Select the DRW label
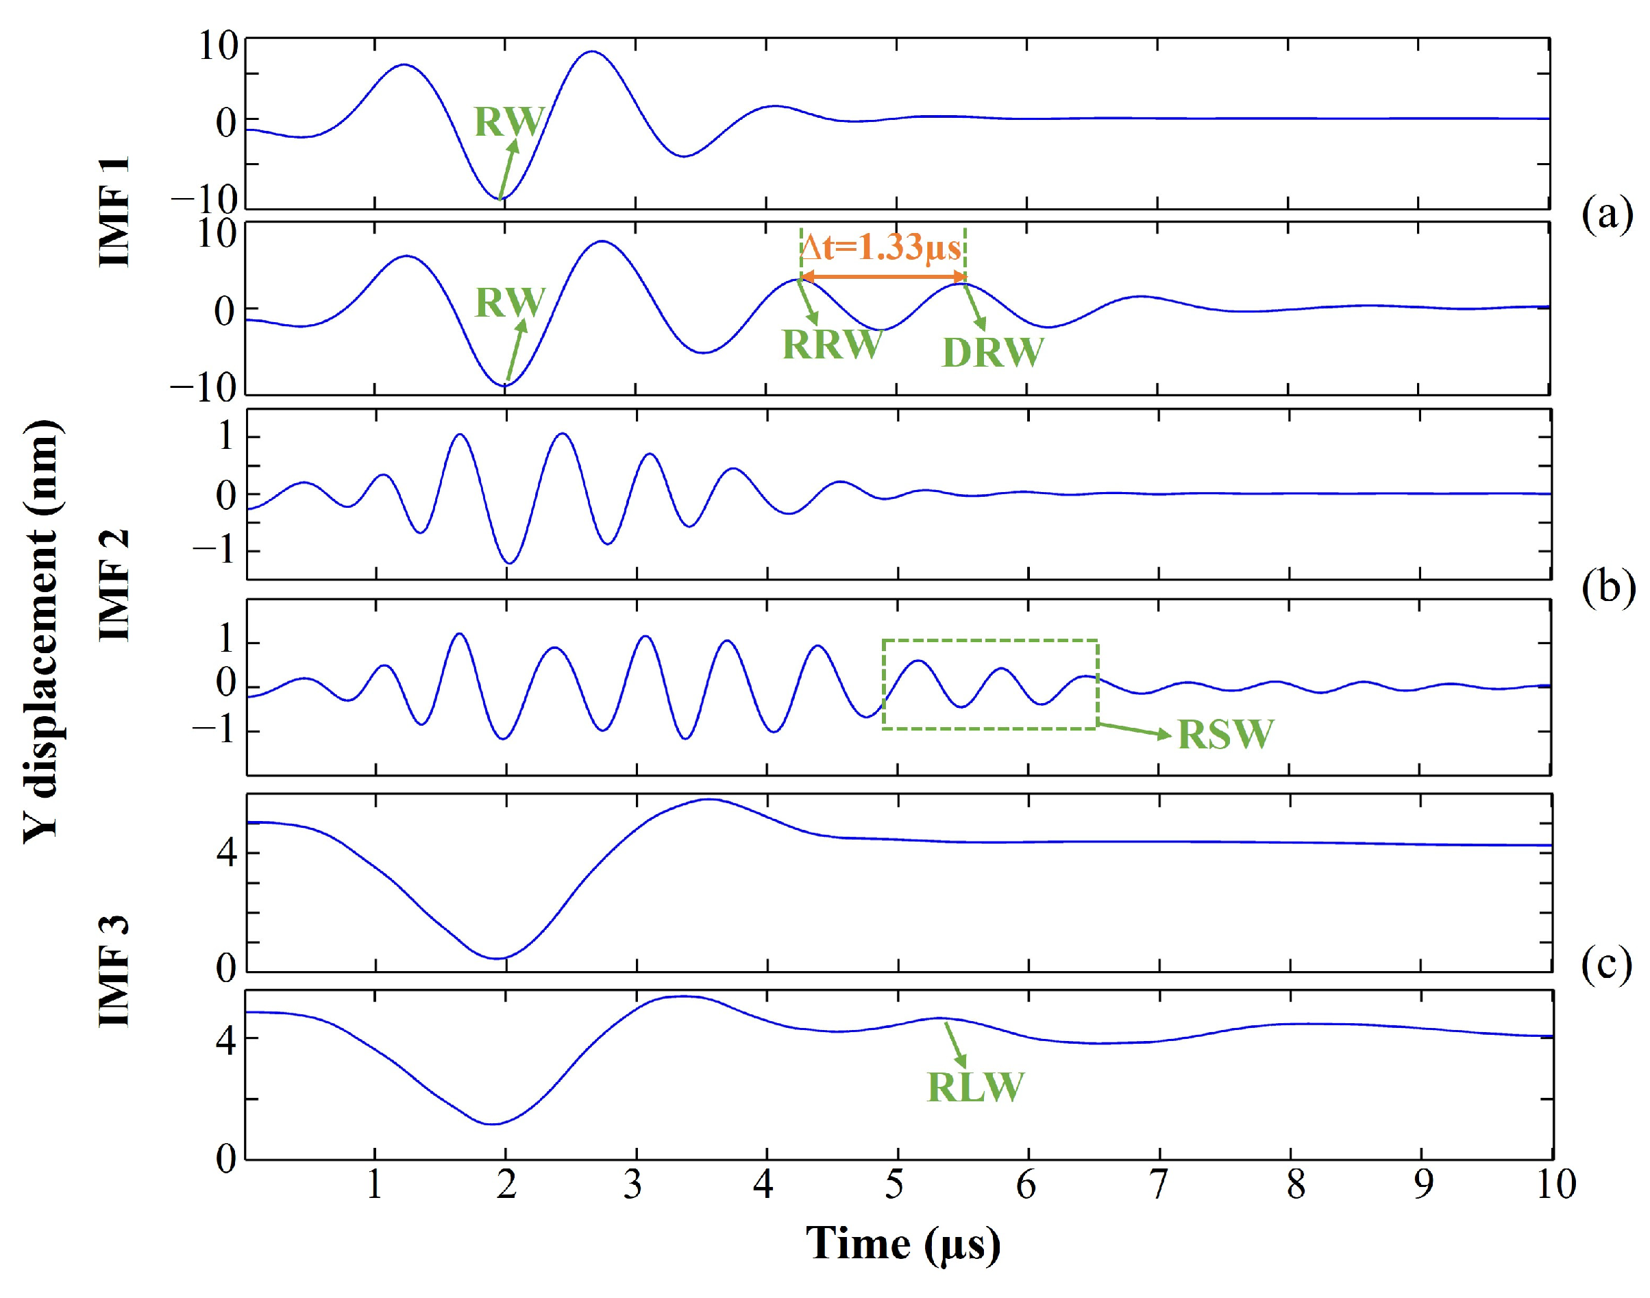[x=992, y=353]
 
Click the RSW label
[x=1225, y=734]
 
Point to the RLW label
[x=976, y=1087]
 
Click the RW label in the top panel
[x=509, y=121]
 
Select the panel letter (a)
[x=1607, y=215]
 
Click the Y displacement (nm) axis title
[x=42, y=630]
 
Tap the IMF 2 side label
[x=116, y=585]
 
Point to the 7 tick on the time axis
[x=1158, y=1185]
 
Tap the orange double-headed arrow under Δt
[x=883, y=278]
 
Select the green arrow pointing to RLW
[x=956, y=1045]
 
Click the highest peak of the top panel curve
[x=592, y=51]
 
